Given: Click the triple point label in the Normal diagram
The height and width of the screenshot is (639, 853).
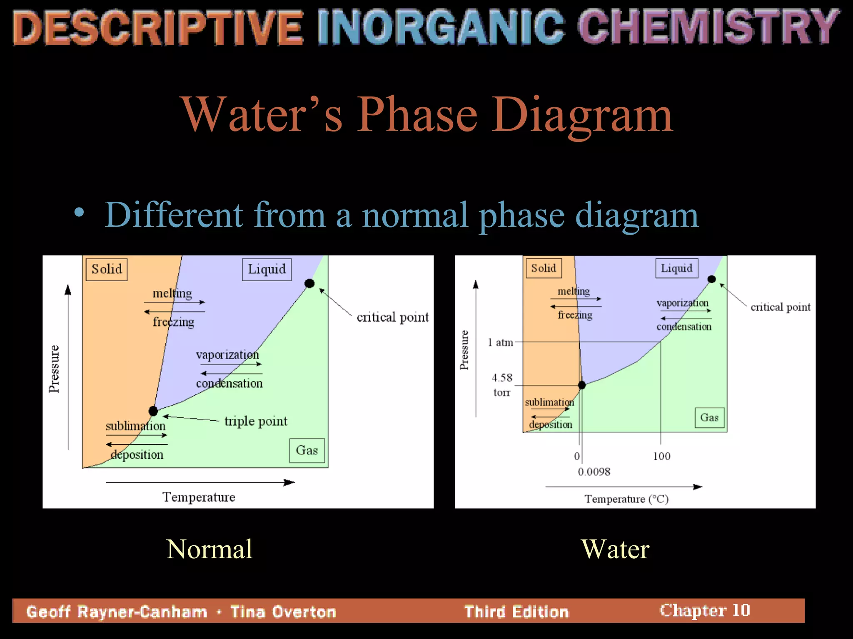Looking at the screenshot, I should coord(256,421).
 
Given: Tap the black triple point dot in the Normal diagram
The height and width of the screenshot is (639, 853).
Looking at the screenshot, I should coord(153,411).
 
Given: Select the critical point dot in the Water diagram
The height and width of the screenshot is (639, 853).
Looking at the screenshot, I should coord(712,279).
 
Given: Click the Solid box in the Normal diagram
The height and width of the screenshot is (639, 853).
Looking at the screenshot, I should coord(107,269).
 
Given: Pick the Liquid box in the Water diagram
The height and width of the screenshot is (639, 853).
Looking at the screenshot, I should coord(676,268).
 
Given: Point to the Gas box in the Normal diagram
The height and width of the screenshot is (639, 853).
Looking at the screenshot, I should coord(307,450).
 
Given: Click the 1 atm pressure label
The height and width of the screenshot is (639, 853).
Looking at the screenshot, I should coord(501,342).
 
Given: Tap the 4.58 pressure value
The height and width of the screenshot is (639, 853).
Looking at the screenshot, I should coord(502,378).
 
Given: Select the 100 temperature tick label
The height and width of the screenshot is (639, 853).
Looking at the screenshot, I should coord(661,456).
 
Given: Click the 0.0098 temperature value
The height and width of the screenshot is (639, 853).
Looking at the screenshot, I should coord(594,472).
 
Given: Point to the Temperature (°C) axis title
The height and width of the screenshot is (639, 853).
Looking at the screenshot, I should coord(626,499).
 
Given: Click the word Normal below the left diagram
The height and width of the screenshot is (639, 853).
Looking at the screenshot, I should coord(209,549).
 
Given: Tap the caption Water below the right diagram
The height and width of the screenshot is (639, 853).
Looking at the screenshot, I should coord(615,549).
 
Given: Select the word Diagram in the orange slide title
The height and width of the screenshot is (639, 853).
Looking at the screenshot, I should coord(582,114).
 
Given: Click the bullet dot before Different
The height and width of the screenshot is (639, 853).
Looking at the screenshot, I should coord(79,213).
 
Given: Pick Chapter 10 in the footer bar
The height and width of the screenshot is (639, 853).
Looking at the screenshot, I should coord(705,610).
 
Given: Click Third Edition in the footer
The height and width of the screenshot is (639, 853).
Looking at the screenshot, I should coord(516,612).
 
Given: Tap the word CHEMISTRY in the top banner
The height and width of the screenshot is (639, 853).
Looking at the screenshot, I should coord(708,27).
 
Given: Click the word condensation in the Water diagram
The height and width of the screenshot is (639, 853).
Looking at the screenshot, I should coord(684,327).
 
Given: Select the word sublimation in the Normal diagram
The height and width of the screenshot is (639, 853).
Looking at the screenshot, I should coord(135,426).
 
